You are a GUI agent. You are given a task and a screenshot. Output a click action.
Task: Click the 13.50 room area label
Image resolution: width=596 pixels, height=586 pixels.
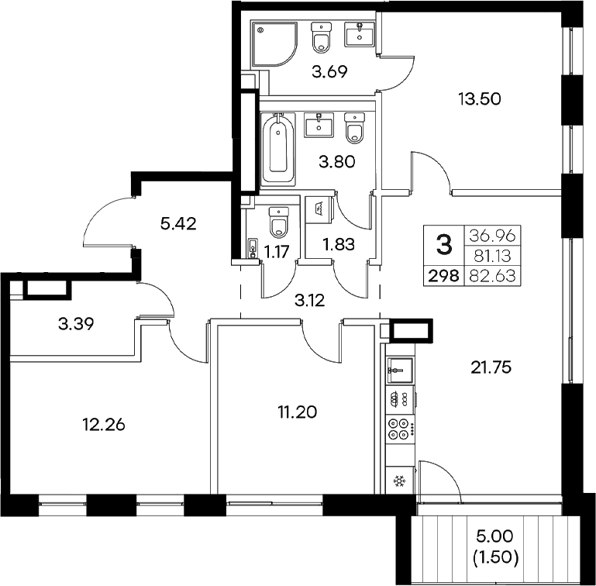pyautogui.click(x=481, y=98)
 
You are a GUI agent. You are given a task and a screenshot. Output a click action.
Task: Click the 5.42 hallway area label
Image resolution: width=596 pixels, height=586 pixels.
pyautogui.click(x=178, y=225)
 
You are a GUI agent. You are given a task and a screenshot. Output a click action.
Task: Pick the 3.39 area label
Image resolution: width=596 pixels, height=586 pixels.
pyautogui.click(x=78, y=323)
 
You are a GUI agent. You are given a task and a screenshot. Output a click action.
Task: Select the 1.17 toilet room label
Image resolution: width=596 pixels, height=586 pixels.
pyautogui.click(x=277, y=250)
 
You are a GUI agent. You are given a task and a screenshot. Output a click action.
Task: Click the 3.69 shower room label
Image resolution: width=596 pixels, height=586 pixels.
pyautogui.click(x=329, y=74)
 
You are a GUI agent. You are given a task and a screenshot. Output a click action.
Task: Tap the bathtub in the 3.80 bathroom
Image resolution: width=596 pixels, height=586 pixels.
pyautogui.click(x=277, y=147)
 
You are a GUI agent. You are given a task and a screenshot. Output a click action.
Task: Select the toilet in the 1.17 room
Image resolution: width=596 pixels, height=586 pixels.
pyautogui.click(x=278, y=223)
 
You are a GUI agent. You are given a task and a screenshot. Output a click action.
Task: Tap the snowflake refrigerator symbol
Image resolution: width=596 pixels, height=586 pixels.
pyautogui.click(x=400, y=482)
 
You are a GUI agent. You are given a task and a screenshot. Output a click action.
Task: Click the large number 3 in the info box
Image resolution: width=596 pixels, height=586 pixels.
pyautogui.click(x=443, y=246)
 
